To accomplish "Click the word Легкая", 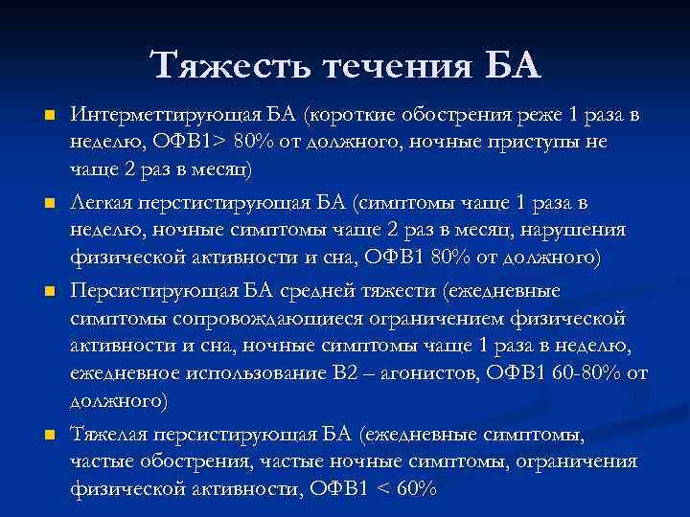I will [x=103, y=203].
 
